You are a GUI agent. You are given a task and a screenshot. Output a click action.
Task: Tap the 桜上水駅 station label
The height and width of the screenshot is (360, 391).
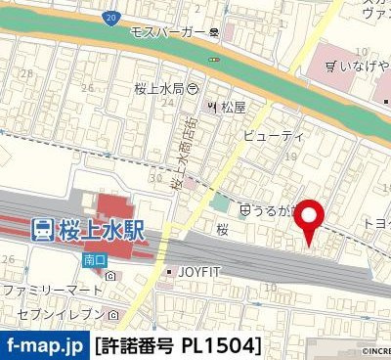click(x=101, y=230)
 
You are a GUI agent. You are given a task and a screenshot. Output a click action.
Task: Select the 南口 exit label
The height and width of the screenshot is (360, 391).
click(x=94, y=261)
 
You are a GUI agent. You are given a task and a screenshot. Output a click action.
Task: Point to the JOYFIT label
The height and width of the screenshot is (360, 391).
click(x=198, y=271)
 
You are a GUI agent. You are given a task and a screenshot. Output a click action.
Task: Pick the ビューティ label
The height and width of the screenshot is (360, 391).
click(x=275, y=134)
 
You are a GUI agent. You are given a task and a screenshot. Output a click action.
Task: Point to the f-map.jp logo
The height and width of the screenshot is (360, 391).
click(x=44, y=346)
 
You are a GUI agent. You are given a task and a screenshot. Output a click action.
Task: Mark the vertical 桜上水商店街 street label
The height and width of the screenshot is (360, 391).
click(x=180, y=148)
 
